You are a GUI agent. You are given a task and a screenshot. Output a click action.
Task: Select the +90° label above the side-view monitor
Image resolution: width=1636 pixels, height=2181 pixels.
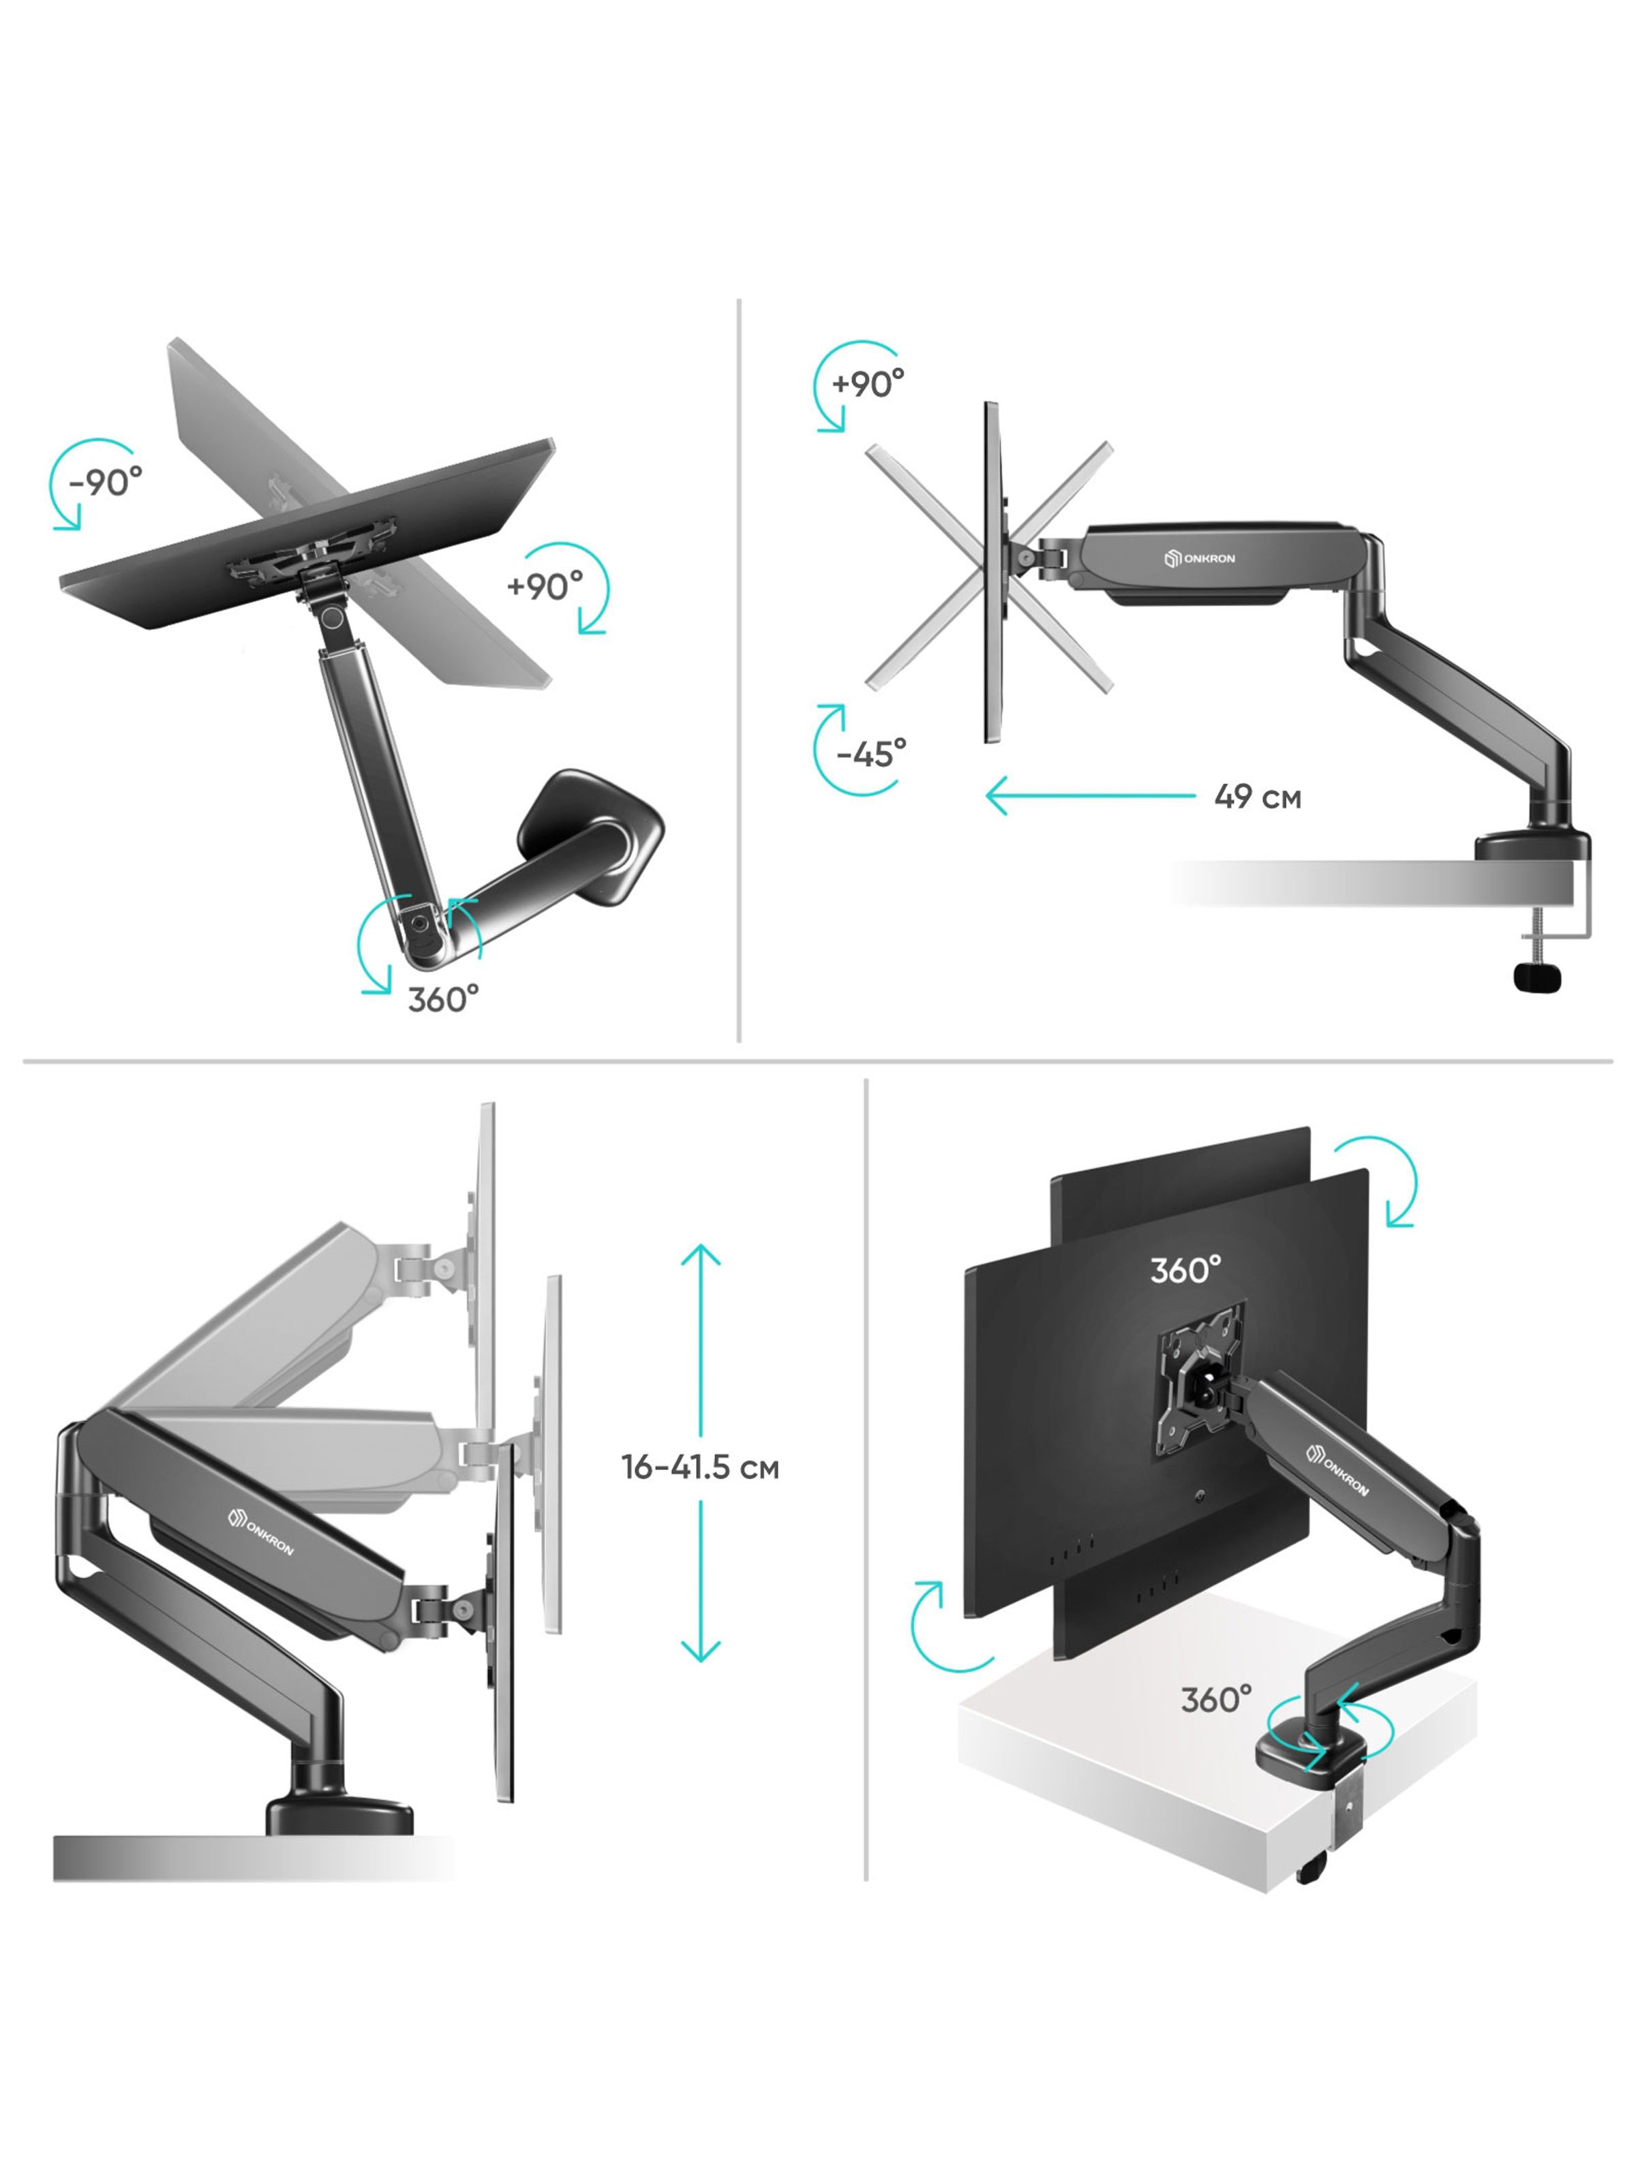tap(868, 382)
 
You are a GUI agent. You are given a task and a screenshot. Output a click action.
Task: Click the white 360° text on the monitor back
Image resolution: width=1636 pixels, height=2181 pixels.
tap(1185, 1269)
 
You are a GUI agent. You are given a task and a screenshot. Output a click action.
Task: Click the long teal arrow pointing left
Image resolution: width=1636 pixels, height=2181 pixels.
tap(1091, 794)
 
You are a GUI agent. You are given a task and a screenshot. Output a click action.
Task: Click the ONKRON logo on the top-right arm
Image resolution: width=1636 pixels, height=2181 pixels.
tap(1199, 558)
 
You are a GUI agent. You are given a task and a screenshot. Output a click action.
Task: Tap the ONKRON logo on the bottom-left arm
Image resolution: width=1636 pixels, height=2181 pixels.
tap(260, 1531)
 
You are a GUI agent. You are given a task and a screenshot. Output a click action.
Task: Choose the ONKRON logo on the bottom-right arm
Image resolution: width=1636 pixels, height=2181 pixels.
tap(1337, 1470)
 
